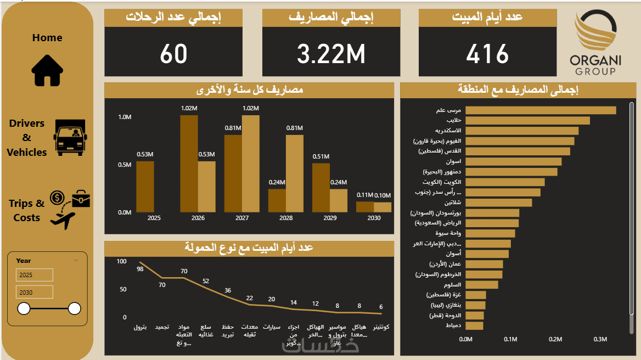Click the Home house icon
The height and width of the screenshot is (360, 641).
(x=47, y=70)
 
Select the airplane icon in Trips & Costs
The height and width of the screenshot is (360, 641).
(x=62, y=220)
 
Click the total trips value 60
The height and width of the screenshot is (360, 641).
(x=173, y=54)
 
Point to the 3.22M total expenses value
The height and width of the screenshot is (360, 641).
(x=331, y=54)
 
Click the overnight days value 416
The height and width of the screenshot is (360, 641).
(x=487, y=54)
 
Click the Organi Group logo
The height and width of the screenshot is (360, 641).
(x=595, y=44)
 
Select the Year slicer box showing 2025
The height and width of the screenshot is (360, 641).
(x=34, y=275)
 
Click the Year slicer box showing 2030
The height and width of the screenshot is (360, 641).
(x=34, y=292)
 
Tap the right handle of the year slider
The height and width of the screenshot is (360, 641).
(x=75, y=308)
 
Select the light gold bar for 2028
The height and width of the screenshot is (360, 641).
(x=294, y=173)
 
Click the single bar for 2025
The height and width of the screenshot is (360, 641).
(x=145, y=187)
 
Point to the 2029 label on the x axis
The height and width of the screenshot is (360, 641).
(x=330, y=218)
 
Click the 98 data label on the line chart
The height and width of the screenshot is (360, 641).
(x=140, y=269)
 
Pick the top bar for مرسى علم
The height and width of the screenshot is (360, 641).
(x=540, y=110)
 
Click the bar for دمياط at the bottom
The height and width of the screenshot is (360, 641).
(x=474, y=326)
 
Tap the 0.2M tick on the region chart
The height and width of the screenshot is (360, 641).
(x=555, y=340)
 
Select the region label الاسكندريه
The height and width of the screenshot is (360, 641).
(x=448, y=131)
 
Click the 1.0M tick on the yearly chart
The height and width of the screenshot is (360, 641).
(x=125, y=117)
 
